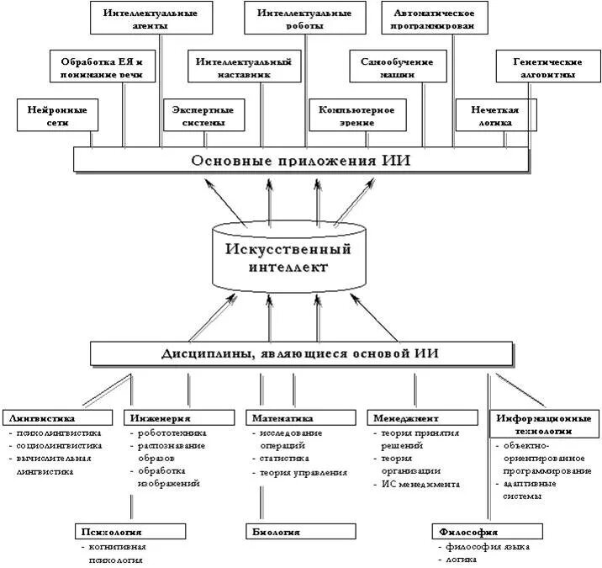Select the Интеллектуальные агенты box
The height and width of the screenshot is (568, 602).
145,19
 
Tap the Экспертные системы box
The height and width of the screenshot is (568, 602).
203,115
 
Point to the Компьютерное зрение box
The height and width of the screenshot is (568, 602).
357,115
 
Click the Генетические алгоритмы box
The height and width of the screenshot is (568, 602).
547,67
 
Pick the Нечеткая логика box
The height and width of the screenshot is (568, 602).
495,115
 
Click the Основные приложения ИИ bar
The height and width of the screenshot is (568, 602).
300,160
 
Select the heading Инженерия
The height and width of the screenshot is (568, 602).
160,417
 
